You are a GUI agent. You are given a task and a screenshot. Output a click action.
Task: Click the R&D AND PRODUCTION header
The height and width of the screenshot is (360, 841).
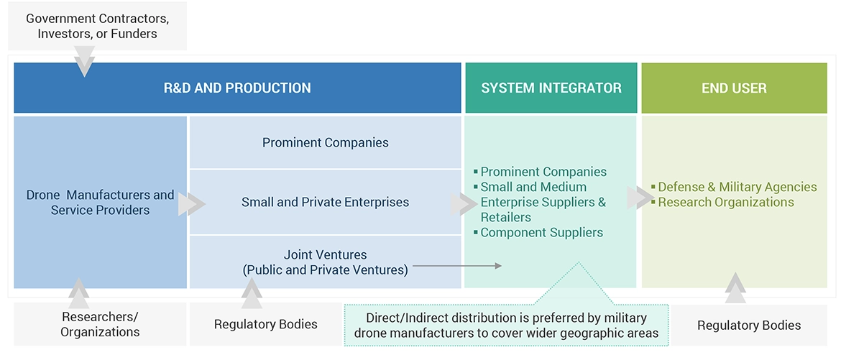click(237, 88)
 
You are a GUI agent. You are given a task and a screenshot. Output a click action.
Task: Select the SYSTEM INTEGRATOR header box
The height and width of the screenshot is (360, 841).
click(551, 88)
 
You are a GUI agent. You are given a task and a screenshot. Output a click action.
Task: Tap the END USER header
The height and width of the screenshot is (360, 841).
click(734, 88)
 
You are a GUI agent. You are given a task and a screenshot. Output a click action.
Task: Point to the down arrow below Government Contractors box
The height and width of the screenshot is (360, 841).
click(85, 62)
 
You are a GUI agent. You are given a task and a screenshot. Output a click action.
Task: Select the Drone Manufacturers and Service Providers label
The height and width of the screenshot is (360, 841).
click(100, 203)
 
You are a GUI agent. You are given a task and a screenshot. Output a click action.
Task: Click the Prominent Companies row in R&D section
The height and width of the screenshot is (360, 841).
click(325, 142)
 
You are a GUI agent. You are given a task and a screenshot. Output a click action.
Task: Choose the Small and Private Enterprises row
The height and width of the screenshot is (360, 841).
click(325, 203)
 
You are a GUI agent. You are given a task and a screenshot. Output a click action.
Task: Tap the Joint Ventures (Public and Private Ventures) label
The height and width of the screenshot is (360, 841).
click(325, 262)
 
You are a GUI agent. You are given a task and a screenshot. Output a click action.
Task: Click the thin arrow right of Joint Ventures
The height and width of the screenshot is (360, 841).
click(457, 266)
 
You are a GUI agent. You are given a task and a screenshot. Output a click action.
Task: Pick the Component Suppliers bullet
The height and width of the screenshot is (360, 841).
click(541, 232)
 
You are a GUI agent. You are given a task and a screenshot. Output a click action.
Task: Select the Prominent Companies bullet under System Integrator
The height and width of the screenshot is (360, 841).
click(543, 172)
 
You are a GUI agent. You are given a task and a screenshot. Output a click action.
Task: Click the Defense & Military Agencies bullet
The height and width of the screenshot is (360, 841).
click(737, 187)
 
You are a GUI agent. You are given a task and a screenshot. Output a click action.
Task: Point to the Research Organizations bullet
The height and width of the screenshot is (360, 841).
click(726, 202)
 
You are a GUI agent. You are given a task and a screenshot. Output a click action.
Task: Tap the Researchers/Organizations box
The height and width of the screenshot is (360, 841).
click(100, 324)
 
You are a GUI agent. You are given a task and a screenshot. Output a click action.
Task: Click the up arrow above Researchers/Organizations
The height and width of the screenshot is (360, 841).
click(79, 293)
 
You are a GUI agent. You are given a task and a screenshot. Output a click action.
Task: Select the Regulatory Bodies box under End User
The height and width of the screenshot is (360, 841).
click(749, 326)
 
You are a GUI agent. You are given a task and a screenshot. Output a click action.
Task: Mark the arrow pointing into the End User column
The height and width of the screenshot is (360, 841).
click(639, 198)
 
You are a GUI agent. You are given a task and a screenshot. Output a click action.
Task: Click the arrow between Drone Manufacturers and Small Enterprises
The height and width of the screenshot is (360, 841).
click(190, 204)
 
